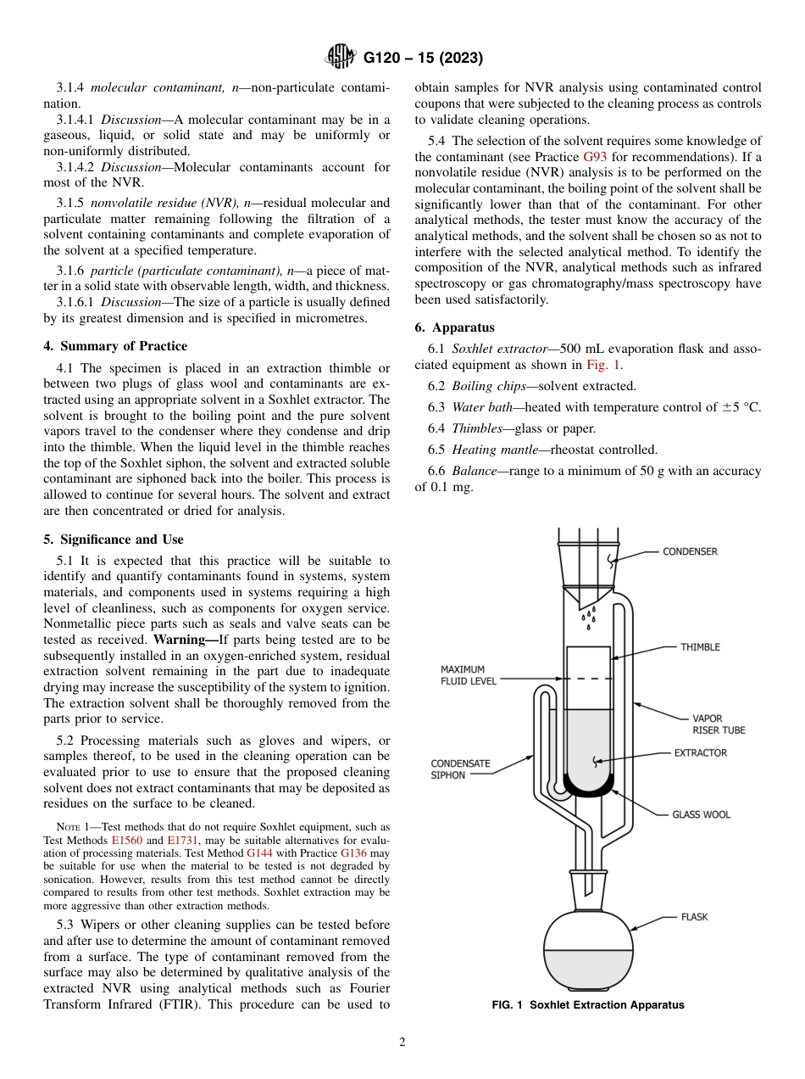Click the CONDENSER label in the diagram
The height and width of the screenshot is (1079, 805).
coord(690,551)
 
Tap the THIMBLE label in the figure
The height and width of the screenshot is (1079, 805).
coord(700,647)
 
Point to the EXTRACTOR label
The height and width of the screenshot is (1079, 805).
coord(700,752)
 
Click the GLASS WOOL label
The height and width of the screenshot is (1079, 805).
coord(701,814)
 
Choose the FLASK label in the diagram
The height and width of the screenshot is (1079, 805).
coord(694,917)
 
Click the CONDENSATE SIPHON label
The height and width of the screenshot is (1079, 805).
coord(460,769)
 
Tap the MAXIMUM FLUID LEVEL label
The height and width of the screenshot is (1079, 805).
coord(469,675)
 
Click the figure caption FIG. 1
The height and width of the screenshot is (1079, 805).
coord(587,1005)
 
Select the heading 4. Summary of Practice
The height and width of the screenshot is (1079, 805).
coord(115,346)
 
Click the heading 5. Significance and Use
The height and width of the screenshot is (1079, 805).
coord(113,539)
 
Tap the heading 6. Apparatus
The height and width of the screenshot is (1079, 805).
coord(454,327)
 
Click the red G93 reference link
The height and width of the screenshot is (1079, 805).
coord(595,157)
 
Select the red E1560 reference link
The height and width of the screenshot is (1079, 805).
coord(128,840)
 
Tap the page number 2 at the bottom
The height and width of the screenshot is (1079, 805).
coord(402,1043)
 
